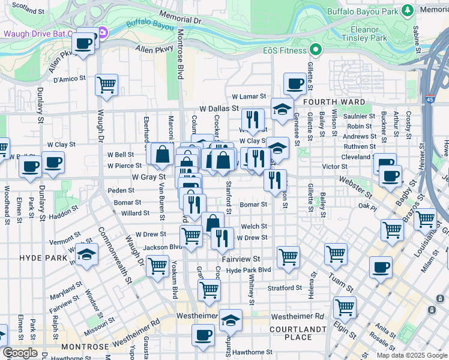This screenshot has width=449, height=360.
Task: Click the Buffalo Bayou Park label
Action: tap(363, 11)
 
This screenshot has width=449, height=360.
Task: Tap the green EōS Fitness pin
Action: tap(314, 50)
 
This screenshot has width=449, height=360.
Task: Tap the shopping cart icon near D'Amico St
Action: tap(106, 85)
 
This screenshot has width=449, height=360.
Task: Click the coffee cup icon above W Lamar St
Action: tap(294, 83)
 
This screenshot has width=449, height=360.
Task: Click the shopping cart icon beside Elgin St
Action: tap(345, 307)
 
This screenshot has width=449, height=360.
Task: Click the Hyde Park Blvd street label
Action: tap(249, 270)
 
